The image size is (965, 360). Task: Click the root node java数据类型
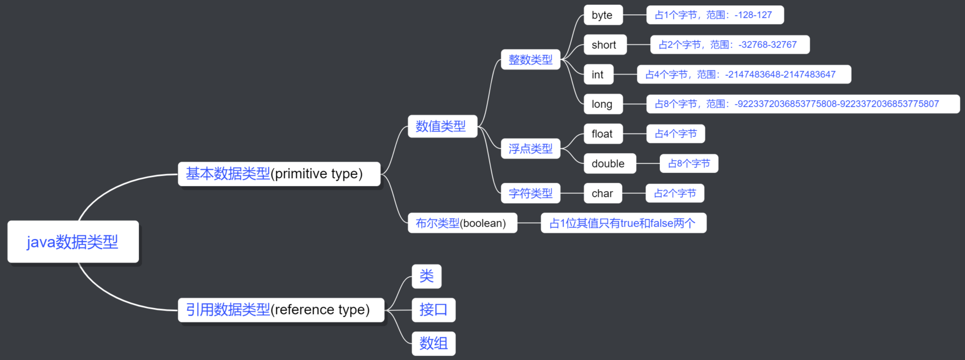pyautogui.click(x=73, y=242)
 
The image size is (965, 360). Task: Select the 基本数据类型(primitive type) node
pyautogui.click(x=279, y=174)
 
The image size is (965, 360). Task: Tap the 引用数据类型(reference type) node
pyautogui.click(x=281, y=310)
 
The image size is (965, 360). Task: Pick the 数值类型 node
pyautogui.click(x=442, y=126)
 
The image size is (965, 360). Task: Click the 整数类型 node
pyautogui.click(x=530, y=60)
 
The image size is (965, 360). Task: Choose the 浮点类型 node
pyautogui.click(x=530, y=149)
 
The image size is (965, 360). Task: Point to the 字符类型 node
pyautogui.click(x=530, y=194)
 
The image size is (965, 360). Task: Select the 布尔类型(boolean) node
pyautogui.click(x=462, y=223)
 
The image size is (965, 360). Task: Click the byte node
pyautogui.click(x=603, y=15)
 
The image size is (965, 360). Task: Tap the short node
pyautogui.click(x=605, y=45)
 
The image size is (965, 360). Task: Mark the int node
pyautogui.click(x=598, y=75)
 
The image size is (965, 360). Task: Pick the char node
pyautogui.click(x=603, y=194)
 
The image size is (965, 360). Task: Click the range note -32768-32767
pyautogui.click(x=729, y=45)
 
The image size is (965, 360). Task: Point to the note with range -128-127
pyautogui.click(x=715, y=15)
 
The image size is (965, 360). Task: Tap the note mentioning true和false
pyautogui.click(x=623, y=223)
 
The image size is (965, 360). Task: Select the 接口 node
pyautogui.click(x=433, y=310)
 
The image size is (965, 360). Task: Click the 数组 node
pyautogui.click(x=433, y=344)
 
